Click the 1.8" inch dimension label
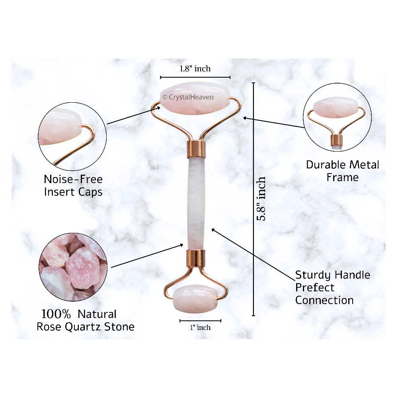tap(195, 68)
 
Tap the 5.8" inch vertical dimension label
tap(261, 199)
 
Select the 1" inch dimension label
tap(200, 328)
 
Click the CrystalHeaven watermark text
tap(188, 97)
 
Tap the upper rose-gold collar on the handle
tap(196, 148)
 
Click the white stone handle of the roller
tap(195, 203)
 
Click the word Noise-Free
tap(73, 179)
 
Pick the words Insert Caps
tap(73, 192)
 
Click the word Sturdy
tap(313, 275)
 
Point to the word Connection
tap(324, 300)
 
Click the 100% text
tap(56, 314)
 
